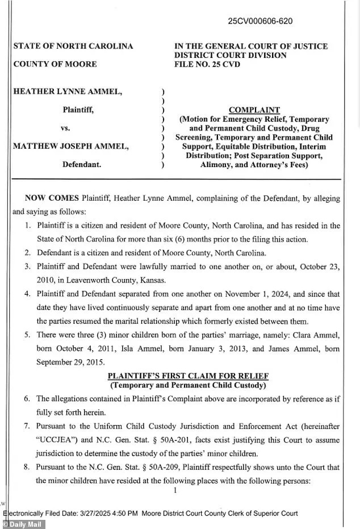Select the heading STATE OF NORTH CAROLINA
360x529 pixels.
(x=73, y=46)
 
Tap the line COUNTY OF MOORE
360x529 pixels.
(x=55, y=64)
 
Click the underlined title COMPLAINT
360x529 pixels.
(x=254, y=110)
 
